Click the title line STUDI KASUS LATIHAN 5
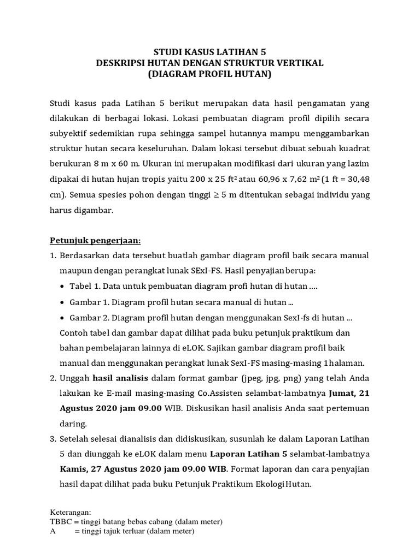209,52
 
